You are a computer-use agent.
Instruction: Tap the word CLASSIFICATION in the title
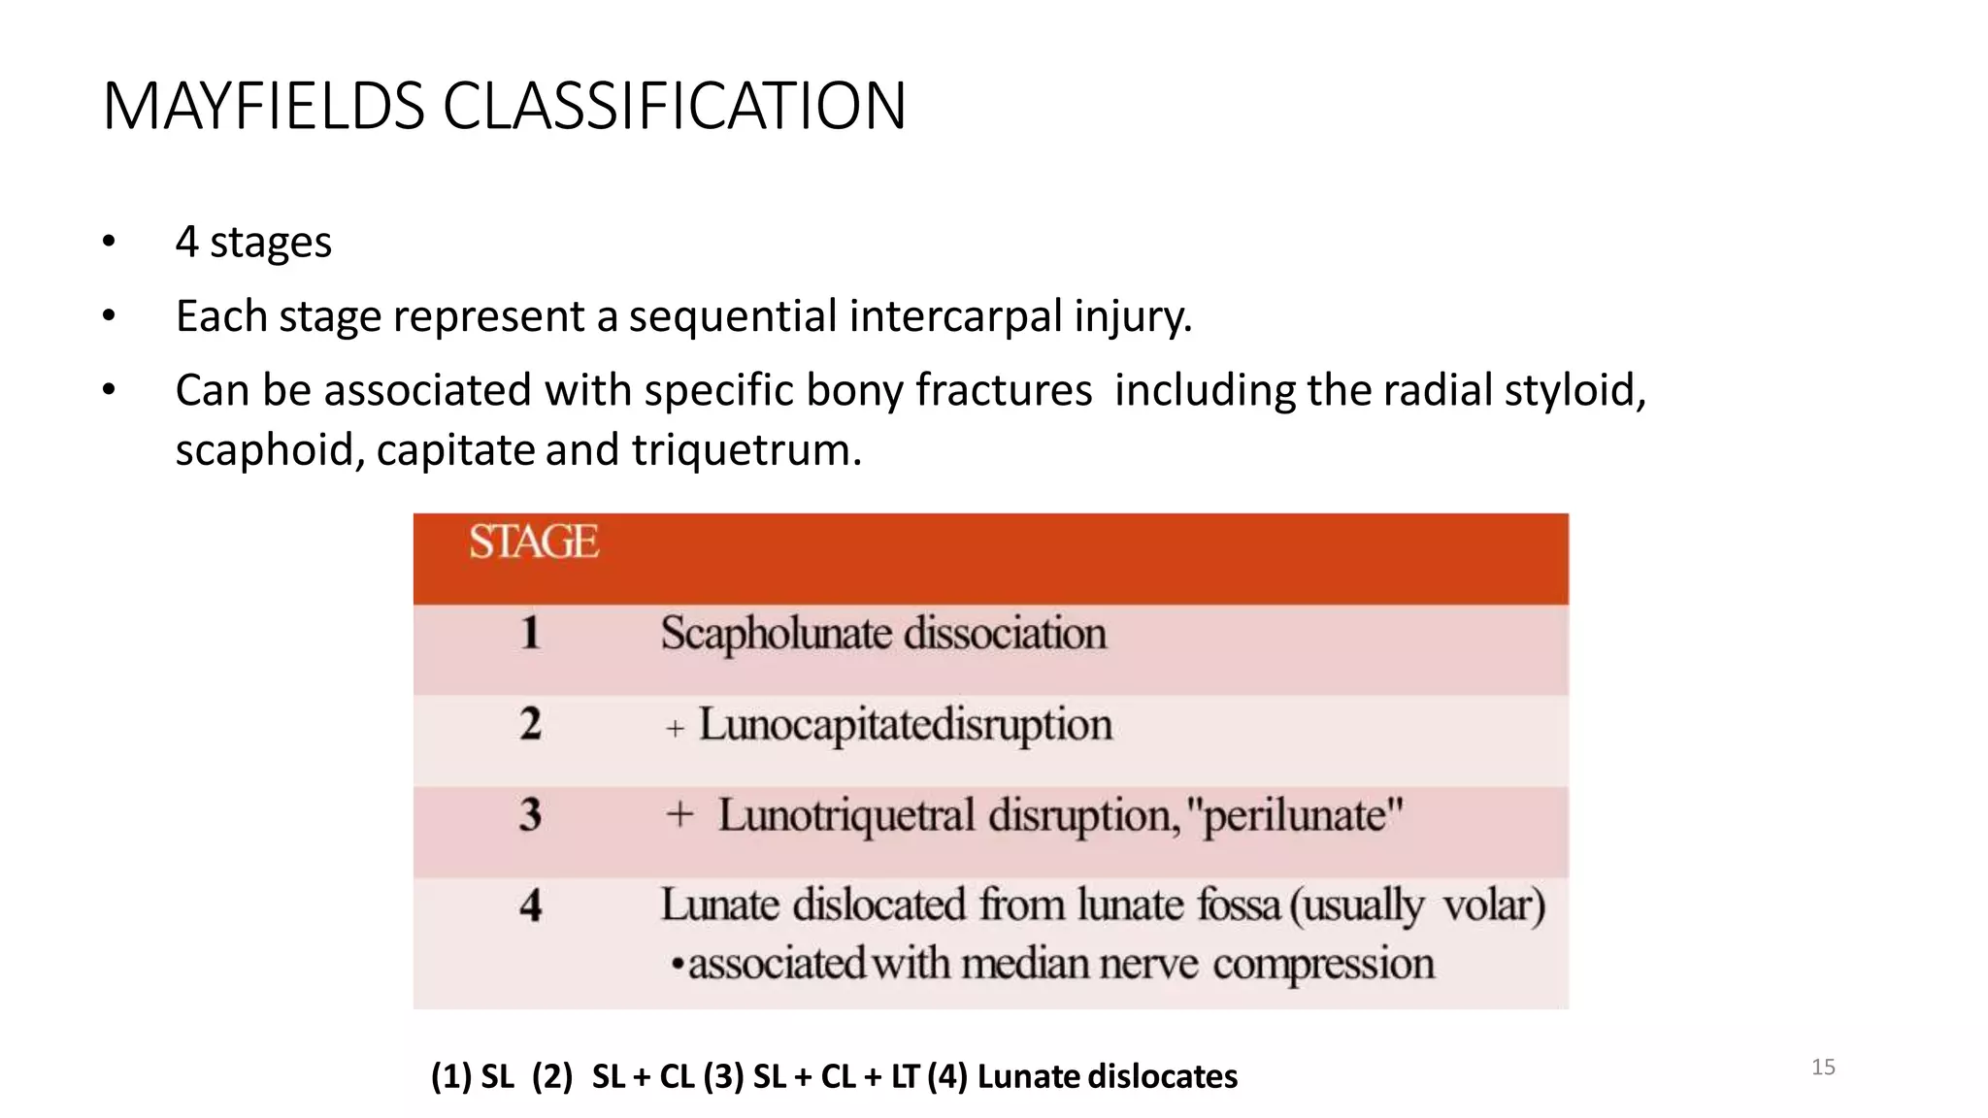click(675, 106)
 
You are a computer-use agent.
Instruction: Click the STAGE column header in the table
click(534, 542)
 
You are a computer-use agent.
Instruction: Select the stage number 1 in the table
click(530, 633)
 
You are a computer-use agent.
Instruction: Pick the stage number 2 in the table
click(530, 724)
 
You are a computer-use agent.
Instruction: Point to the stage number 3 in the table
click(530, 814)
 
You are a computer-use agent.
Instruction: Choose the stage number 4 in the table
click(530, 905)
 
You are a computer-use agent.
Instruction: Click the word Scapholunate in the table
click(776, 635)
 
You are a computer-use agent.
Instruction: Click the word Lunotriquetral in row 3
click(845, 816)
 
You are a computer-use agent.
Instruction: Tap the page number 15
click(1823, 1068)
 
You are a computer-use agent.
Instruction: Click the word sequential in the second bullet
click(733, 316)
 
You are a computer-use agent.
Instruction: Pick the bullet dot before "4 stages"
click(109, 242)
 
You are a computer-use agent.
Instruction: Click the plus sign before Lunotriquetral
click(679, 814)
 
